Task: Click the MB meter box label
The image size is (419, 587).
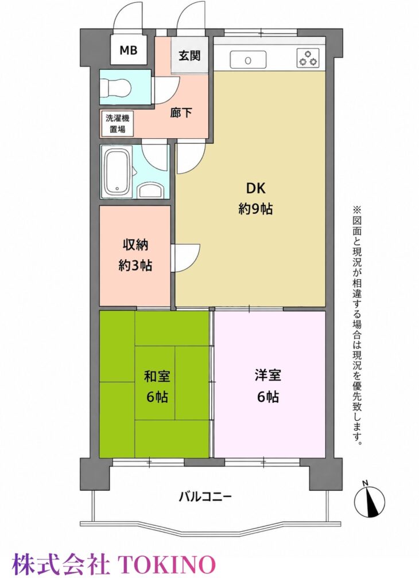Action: (128, 50)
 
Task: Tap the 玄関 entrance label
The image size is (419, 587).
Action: (189, 56)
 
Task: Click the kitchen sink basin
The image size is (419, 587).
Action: (248, 60)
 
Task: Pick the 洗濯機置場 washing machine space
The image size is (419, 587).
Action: (117, 124)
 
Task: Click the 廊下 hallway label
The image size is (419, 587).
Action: (181, 113)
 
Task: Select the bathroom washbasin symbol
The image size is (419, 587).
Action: (150, 190)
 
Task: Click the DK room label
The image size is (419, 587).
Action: (255, 188)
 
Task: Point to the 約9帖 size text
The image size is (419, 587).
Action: (255, 209)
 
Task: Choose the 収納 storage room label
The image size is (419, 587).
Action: (135, 245)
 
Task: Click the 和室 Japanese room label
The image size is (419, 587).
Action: (157, 376)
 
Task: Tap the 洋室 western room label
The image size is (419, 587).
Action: (267, 375)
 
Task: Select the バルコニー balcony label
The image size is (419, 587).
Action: (205, 497)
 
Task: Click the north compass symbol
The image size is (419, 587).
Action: (370, 499)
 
